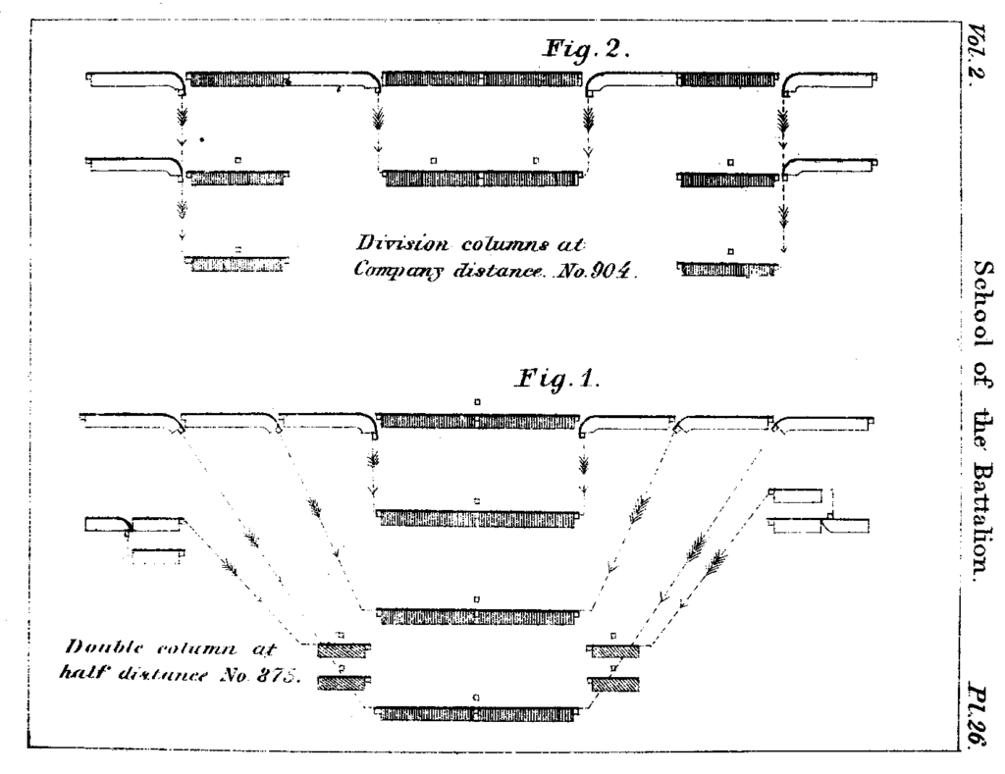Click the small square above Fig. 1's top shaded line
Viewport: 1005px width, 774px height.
(x=477, y=401)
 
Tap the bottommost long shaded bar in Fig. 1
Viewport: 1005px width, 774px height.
(x=476, y=713)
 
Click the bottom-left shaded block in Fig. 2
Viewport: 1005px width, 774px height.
(x=237, y=264)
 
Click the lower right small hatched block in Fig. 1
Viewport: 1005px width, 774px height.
(x=613, y=685)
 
